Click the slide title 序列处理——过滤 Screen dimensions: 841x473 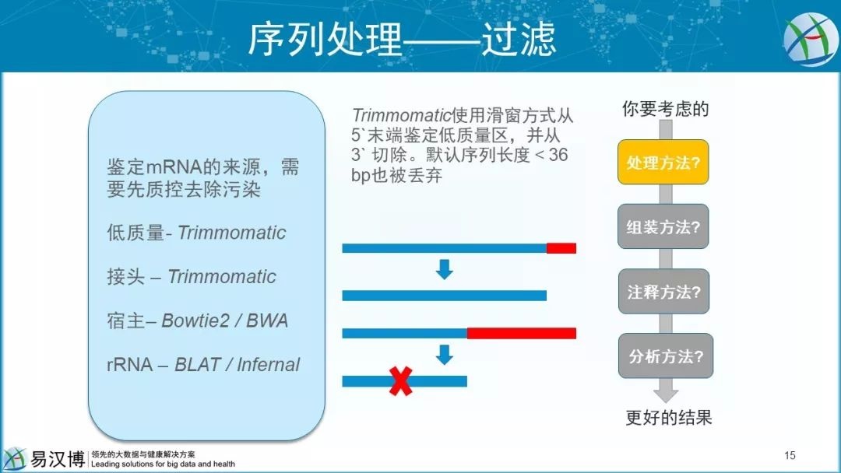[402, 39]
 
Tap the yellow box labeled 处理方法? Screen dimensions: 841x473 [663, 162]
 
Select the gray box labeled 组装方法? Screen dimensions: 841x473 [663, 226]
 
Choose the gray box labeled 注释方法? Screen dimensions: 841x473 [663, 292]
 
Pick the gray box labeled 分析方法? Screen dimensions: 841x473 [666, 356]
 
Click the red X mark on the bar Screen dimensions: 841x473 [401, 381]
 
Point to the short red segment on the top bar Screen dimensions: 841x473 [561, 248]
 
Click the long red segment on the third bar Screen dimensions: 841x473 [521, 333]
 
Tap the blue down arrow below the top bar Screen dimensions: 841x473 [444, 269]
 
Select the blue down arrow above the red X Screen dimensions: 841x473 [444, 355]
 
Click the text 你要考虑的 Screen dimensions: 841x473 [665, 109]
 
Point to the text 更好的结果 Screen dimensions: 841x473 [669, 417]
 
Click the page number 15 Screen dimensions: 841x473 [790, 455]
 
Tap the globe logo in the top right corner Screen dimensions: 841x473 [811, 40]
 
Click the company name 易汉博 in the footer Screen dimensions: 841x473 [58, 459]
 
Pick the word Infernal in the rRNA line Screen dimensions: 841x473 [268, 364]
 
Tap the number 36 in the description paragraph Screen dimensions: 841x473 [558, 155]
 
